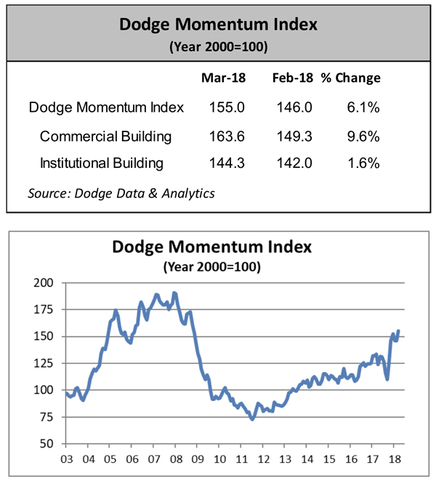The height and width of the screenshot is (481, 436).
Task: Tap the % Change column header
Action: click(x=351, y=78)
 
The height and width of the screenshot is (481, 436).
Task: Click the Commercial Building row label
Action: click(x=105, y=136)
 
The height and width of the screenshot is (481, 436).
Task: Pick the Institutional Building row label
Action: click(x=102, y=163)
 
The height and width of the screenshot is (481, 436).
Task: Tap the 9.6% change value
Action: click(x=363, y=136)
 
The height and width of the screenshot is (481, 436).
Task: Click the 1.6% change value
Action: click(x=363, y=163)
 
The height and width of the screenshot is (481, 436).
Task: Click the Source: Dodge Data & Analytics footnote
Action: click(x=121, y=193)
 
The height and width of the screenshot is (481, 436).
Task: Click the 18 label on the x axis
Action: click(x=397, y=459)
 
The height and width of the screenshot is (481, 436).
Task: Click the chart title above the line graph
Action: click(x=211, y=247)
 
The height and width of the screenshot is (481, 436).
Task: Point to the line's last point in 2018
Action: click(x=398, y=331)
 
